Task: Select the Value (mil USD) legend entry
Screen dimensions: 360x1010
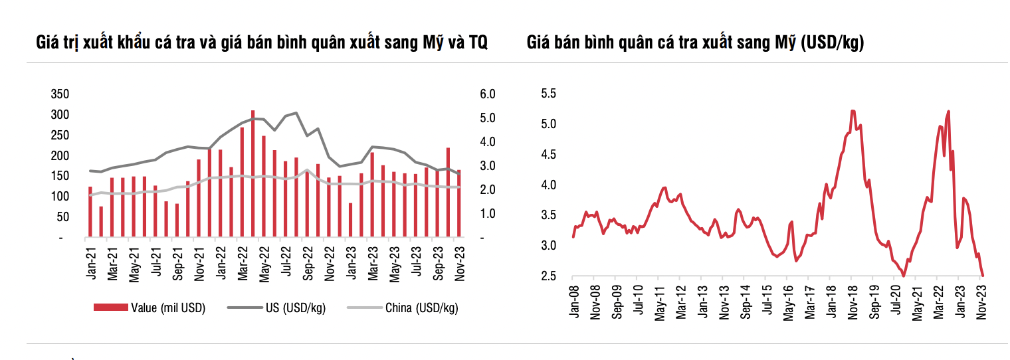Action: [x=150, y=308]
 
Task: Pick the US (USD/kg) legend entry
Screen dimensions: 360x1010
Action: [x=276, y=308]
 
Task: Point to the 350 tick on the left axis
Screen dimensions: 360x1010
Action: [x=60, y=94]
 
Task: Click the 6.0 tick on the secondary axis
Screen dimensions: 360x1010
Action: [x=488, y=94]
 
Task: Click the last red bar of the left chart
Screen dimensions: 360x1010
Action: [x=458, y=203]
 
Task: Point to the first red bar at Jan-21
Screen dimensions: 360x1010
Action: [x=90, y=212]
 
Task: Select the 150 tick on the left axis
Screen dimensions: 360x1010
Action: [x=60, y=176]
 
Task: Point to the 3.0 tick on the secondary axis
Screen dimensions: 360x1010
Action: [x=488, y=166]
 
